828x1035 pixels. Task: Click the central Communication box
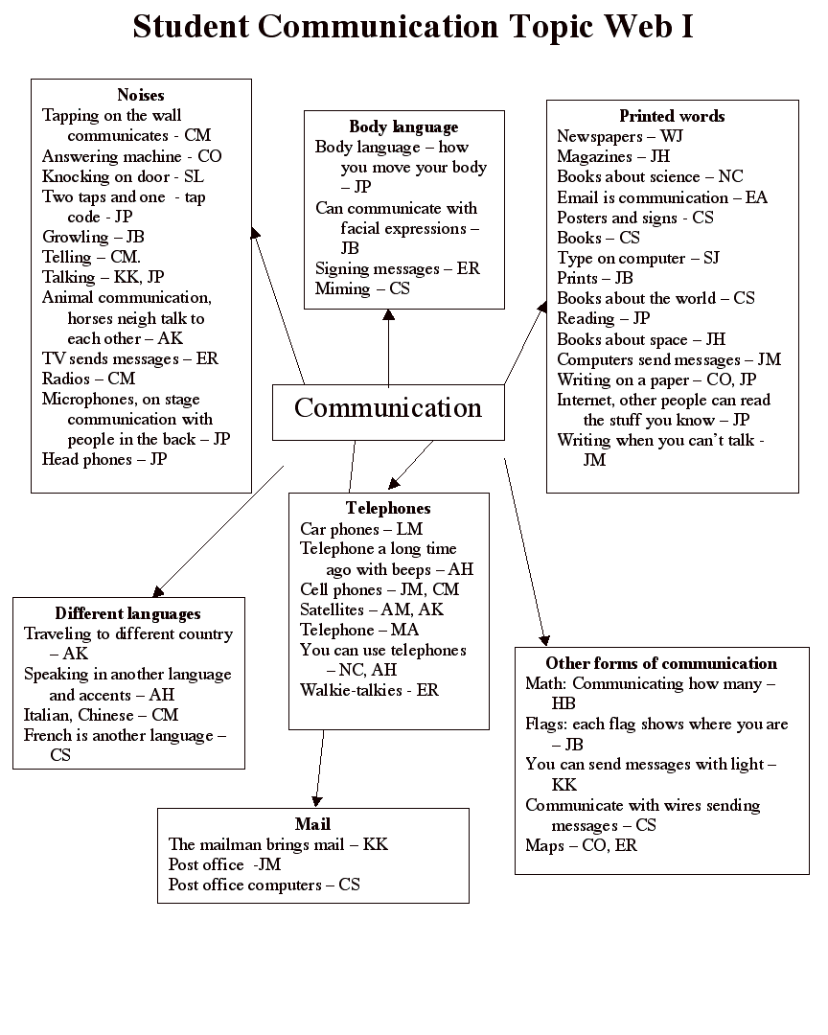tap(388, 410)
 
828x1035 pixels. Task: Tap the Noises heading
tap(141, 95)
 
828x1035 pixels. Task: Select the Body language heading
tap(403, 126)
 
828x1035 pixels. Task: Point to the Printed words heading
tap(672, 116)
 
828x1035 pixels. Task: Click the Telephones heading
tap(388, 508)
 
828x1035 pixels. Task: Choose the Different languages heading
tap(127, 613)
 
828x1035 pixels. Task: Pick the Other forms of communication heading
tap(661, 663)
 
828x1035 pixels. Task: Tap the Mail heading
tap(312, 824)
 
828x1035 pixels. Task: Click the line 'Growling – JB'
tap(93, 237)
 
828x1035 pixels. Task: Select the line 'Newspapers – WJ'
tap(620, 136)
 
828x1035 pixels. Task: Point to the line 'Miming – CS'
tap(362, 288)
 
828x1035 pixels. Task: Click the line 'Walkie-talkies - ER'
tap(369, 690)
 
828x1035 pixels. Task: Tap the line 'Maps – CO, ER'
tap(581, 845)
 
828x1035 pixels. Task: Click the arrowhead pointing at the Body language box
tap(388, 315)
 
